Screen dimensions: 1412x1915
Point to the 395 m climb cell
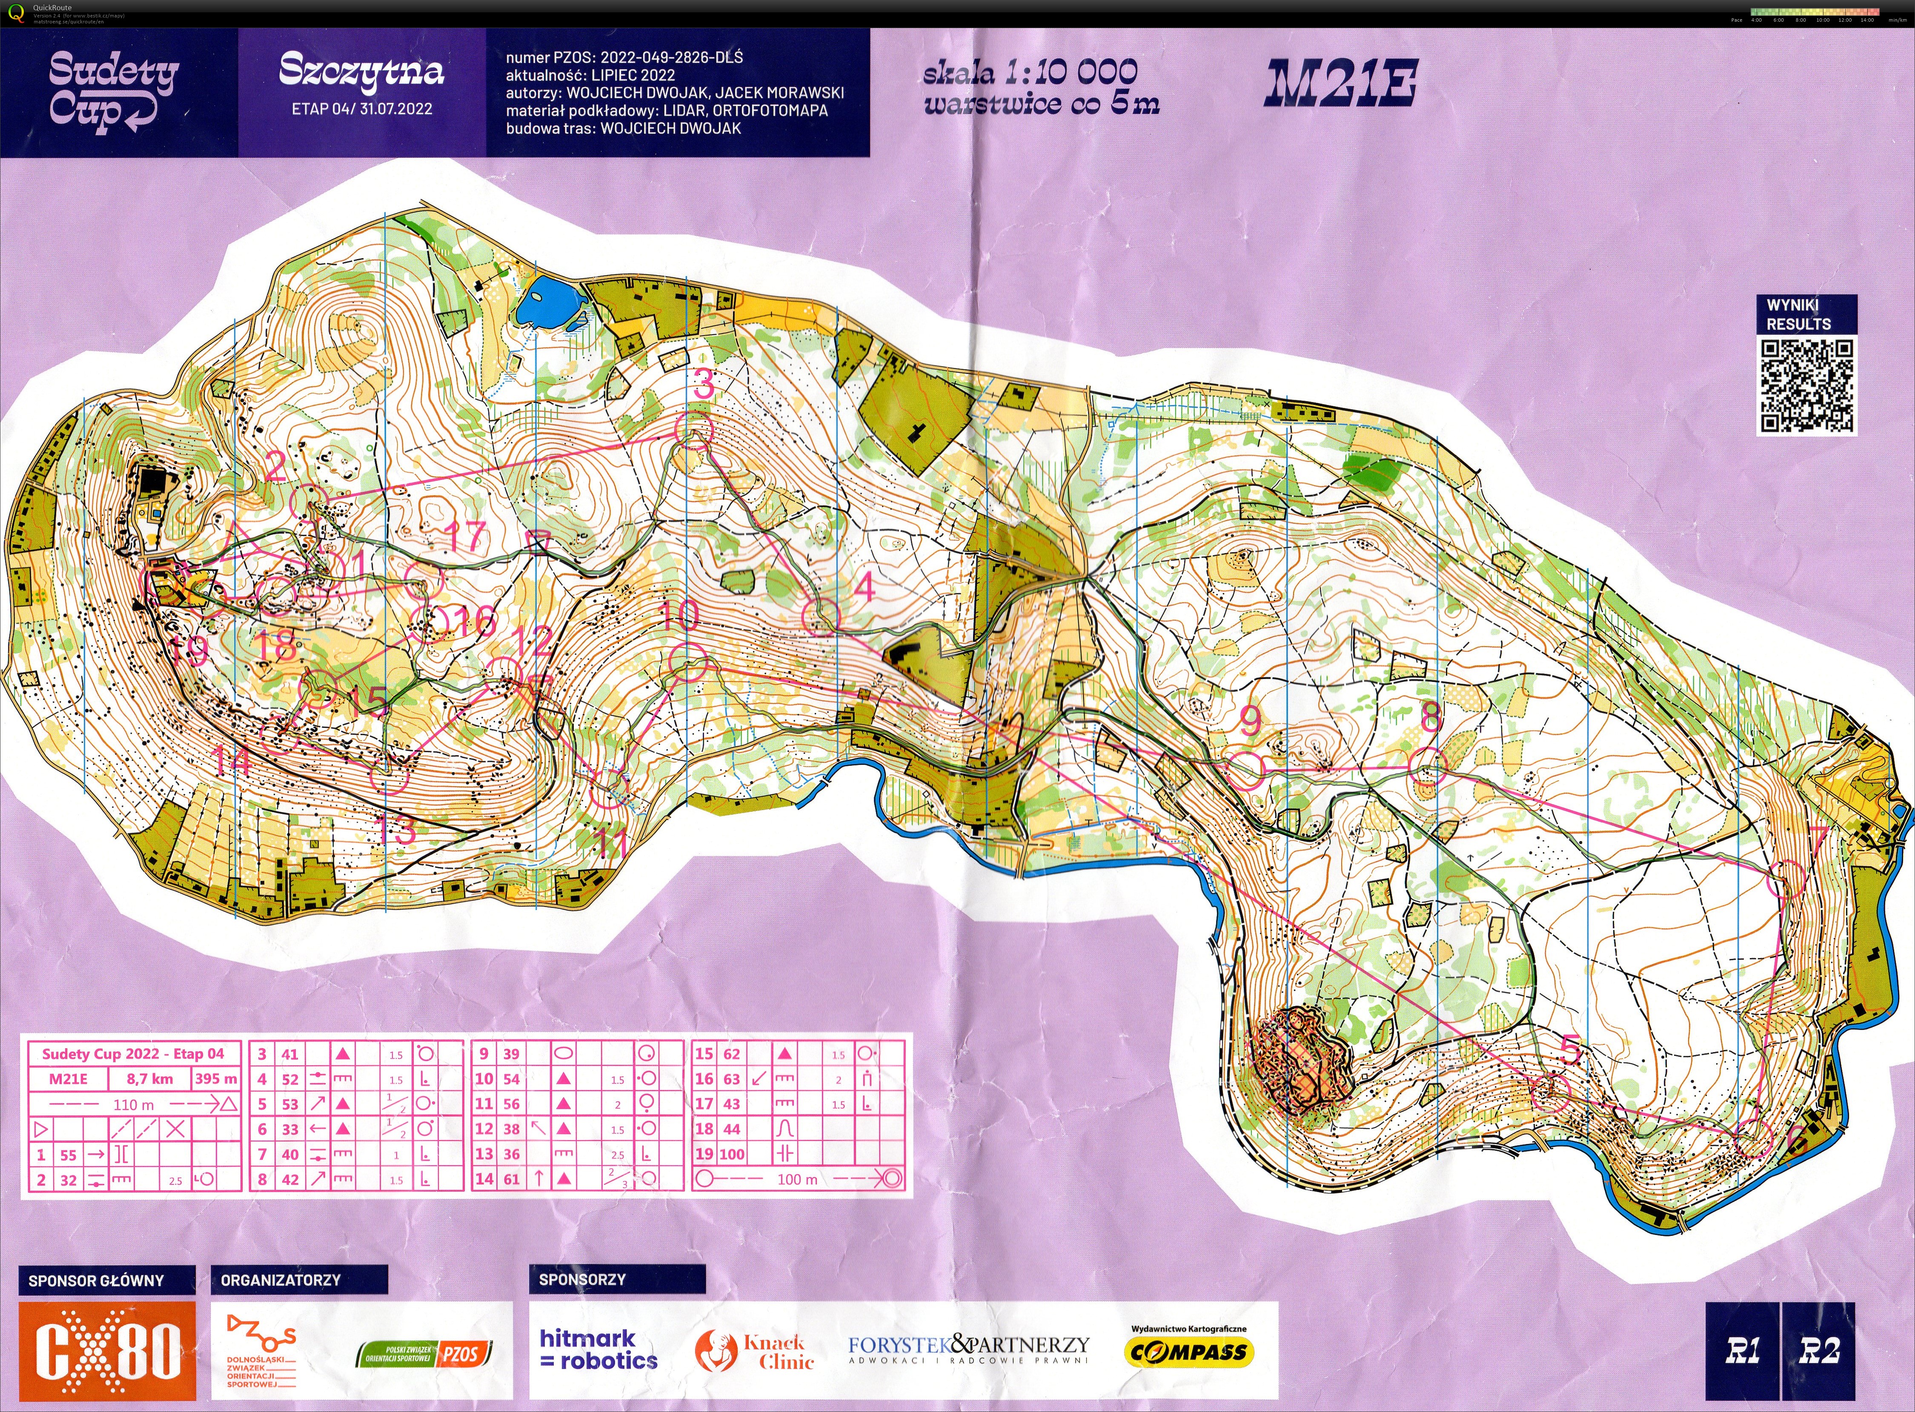point(215,1078)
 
